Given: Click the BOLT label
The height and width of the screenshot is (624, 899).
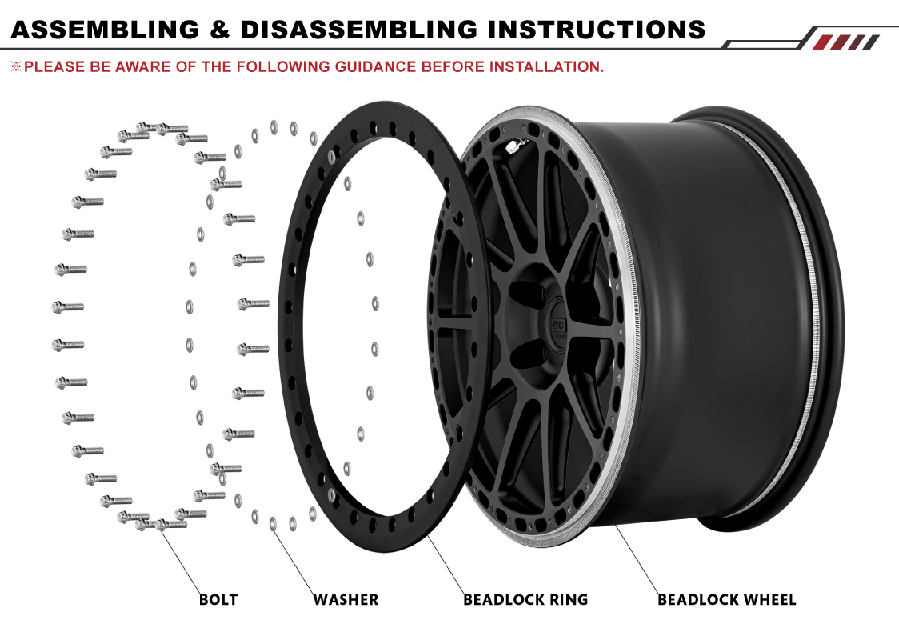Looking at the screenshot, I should point(218,599).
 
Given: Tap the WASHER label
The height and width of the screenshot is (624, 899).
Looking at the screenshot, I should point(346,599).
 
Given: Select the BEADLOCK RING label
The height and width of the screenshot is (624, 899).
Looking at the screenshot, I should point(525,599).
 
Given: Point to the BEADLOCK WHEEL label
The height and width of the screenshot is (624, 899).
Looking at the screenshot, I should point(726,599).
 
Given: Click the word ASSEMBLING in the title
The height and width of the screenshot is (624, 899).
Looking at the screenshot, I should point(105,29).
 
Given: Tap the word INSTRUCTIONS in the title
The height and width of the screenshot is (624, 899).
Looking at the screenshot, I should point(597,29).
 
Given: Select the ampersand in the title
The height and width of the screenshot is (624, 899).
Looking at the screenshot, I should point(220,29).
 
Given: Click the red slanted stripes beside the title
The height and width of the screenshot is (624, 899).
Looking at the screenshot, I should point(850,42).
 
